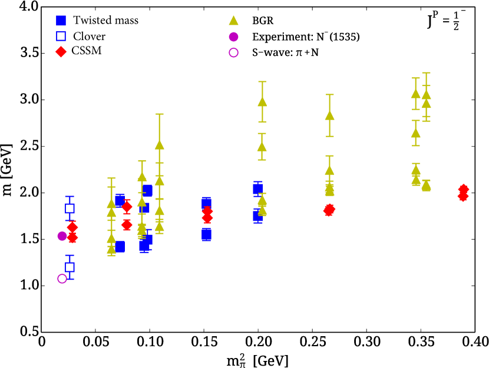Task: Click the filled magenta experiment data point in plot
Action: [x=62, y=236]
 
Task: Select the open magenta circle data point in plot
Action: [x=62, y=279]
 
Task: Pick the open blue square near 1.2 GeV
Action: [x=70, y=267]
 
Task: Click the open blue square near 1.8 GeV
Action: [x=70, y=208]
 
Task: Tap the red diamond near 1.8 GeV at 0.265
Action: [x=329, y=210]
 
